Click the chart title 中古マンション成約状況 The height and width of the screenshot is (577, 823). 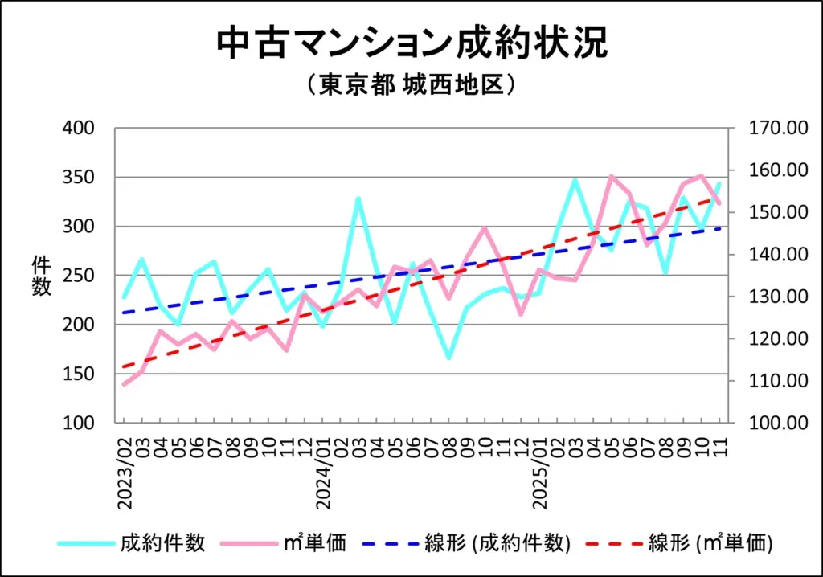point(411,44)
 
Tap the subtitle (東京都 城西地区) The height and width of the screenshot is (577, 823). point(411,85)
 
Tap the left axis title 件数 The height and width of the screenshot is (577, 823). point(41,275)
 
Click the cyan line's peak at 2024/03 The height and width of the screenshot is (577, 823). point(358,198)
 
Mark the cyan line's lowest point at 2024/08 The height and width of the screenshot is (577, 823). point(448,358)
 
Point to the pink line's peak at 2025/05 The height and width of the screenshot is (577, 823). point(611,176)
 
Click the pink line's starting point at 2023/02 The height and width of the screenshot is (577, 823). point(125,384)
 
